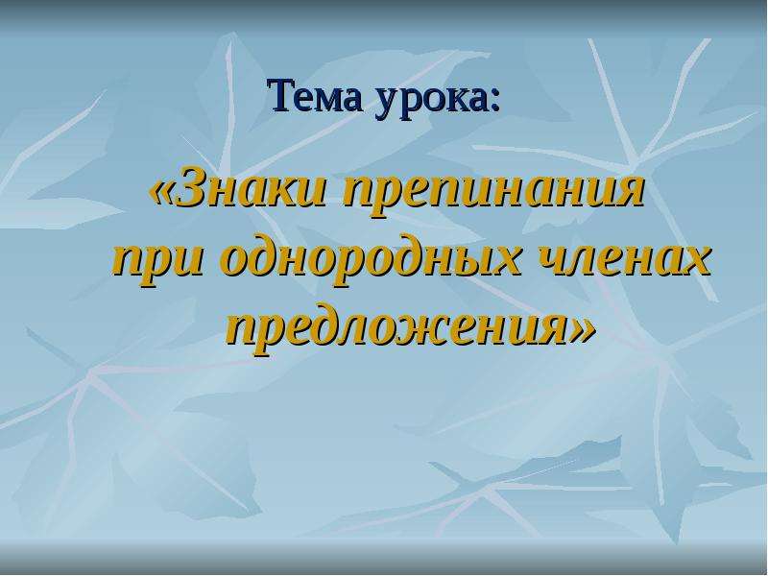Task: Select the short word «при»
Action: coord(157,263)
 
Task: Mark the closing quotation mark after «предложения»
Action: coord(584,331)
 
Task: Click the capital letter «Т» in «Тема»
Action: coord(281,95)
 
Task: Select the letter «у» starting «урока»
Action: coord(388,103)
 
